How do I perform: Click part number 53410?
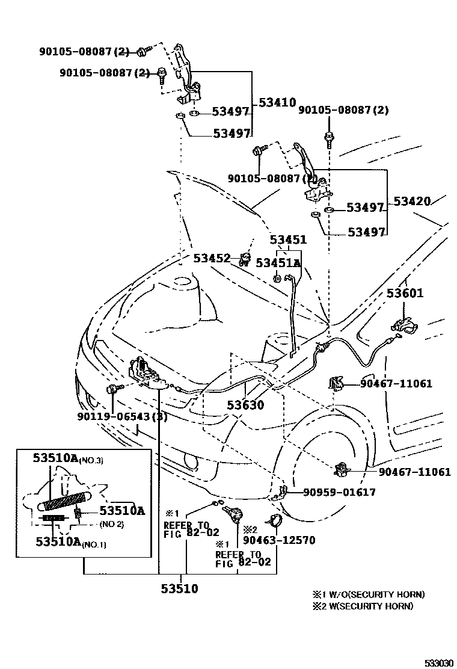click(278, 103)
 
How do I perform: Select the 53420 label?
click(413, 201)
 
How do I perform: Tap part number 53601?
click(405, 294)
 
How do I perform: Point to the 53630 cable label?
click(245, 405)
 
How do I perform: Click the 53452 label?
click(212, 258)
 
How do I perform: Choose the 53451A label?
click(278, 263)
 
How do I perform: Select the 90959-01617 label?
click(339, 492)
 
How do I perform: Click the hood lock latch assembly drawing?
click(144, 374)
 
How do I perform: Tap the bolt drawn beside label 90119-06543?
click(114, 390)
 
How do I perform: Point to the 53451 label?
click(289, 240)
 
